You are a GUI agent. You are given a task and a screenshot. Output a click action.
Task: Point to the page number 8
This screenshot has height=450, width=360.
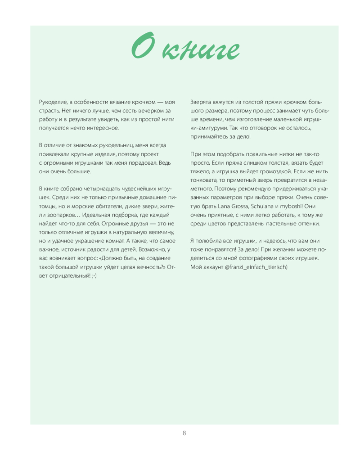click(x=184, y=433)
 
